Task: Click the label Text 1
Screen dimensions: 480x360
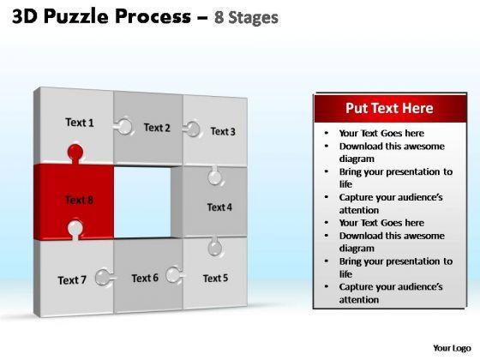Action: pyautogui.click(x=80, y=123)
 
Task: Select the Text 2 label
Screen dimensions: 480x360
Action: pyautogui.click(x=157, y=128)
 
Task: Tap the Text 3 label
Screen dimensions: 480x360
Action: pyautogui.click(x=223, y=131)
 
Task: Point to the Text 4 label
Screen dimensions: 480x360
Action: pyautogui.click(x=219, y=207)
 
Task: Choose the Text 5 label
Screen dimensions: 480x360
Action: pyautogui.click(x=215, y=279)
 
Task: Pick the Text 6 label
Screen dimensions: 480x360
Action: pyautogui.click(x=145, y=278)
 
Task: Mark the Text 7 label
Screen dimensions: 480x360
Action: pyautogui.click(x=72, y=280)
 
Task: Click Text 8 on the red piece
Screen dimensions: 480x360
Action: pyautogui.click(x=79, y=200)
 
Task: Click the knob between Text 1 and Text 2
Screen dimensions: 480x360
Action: pyautogui.click(x=123, y=127)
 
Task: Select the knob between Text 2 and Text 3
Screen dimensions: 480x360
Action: pyautogui.click(x=192, y=129)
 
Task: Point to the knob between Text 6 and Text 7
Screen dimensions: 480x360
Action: pyautogui.click(x=105, y=278)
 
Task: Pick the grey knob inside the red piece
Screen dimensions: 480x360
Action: pyautogui.click(x=75, y=230)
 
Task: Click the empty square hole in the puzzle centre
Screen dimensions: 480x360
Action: pyautogui.click(x=142, y=202)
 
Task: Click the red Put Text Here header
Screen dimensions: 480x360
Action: pyautogui.click(x=390, y=108)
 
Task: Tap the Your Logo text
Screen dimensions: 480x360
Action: pyautogui.click(x=452, y=348)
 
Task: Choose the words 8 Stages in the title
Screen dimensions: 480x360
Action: pyautogui.click(x=247, y=17)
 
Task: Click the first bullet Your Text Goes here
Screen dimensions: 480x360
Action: pyautogui.click(x=381, y=133)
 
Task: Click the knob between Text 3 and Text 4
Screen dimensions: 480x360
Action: pyautogui.click(x=214, y=176)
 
